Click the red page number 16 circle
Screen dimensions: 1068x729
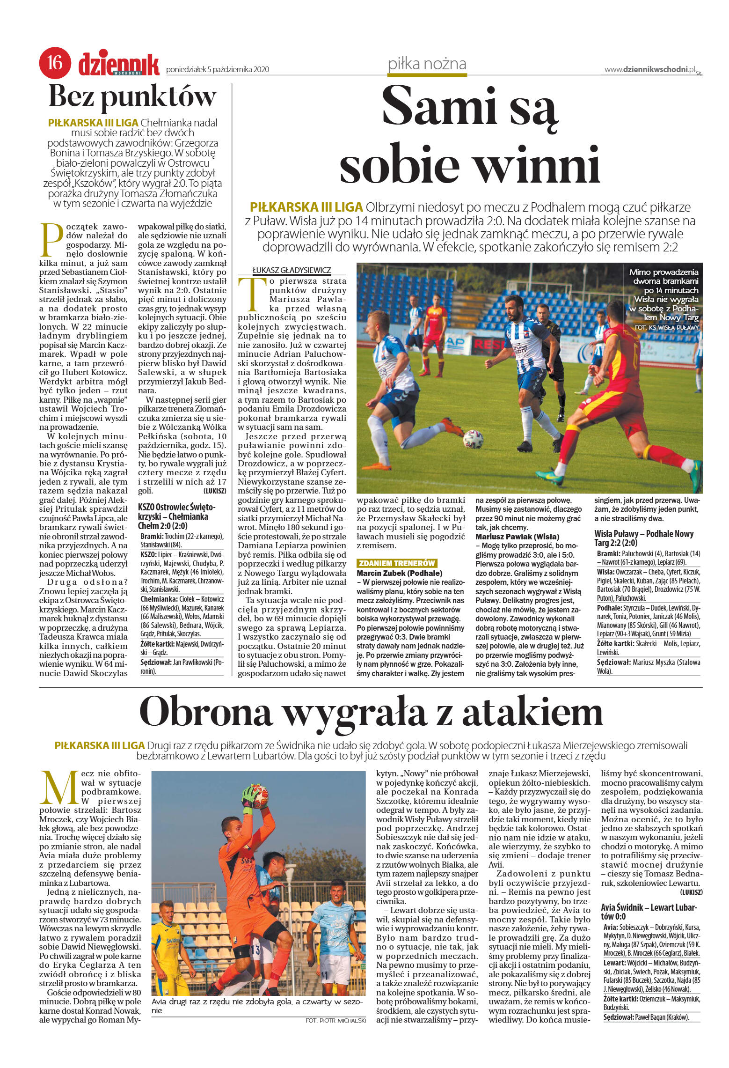point(55,63)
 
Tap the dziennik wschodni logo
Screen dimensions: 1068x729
point(119,65)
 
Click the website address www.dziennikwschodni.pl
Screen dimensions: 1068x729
point(650,69)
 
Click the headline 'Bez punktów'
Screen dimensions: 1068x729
point(133,96)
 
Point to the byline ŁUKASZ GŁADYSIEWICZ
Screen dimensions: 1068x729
point(292,270)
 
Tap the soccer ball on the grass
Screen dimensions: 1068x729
point(473,439)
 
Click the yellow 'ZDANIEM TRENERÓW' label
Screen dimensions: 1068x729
point(397,563)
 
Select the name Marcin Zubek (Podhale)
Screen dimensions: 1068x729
point(399,573)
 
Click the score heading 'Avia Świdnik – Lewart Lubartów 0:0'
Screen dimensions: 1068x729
point(649,911)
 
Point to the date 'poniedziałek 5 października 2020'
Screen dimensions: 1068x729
point(218,70)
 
